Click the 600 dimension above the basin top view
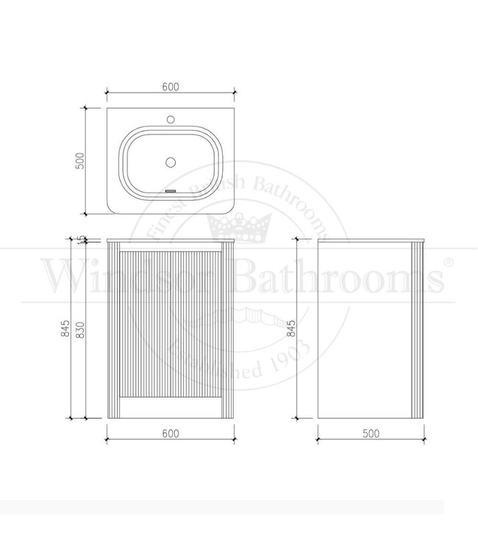coord(170,85)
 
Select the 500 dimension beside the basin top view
coord(82,160)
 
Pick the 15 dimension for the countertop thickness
coord(82,239)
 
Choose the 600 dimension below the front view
coord(170,433)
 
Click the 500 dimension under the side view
coord(371,433)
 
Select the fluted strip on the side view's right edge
coord(418,331)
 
